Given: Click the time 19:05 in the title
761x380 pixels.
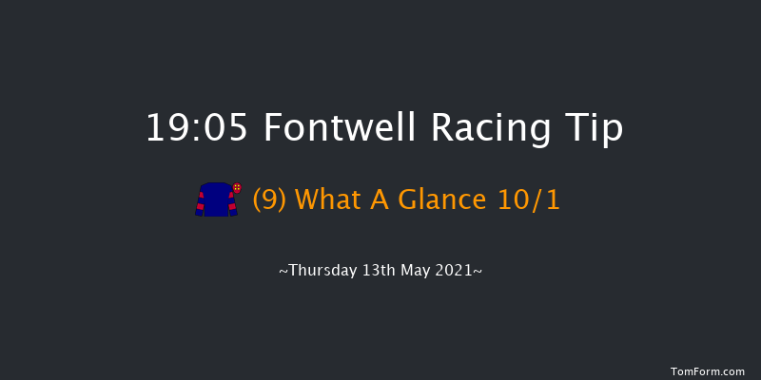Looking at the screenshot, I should click(196, 127).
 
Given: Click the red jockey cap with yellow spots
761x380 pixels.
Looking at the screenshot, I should click(237, 188).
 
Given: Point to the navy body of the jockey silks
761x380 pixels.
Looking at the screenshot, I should click(215, 200).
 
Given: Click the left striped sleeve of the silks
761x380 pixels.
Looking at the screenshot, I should click(200, 203).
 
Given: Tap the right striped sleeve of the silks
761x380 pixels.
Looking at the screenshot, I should click(230, 203).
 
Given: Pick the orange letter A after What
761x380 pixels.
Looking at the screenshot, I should click(368, 200).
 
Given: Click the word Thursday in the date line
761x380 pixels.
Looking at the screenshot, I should click(320, 271).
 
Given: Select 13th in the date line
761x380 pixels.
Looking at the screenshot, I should click(380, 271).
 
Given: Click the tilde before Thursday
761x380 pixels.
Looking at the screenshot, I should click(283, 272).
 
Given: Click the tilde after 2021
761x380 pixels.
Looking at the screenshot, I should click(478, 272).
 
